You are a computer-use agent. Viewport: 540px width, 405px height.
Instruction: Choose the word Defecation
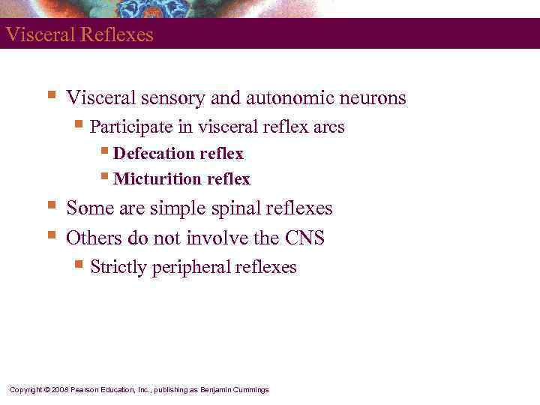(x=154, y=154)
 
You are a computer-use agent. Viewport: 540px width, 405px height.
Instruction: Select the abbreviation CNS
(x=304, y=238)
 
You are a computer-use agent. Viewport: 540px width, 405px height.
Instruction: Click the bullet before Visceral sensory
(x=51, y=95)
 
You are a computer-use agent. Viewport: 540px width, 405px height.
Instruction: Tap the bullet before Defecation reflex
(x=104, y=152)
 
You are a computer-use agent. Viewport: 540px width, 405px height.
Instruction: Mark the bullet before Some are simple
(x=51, y=205)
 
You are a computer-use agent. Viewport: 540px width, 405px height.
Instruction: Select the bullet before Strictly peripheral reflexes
(x=79, y=265)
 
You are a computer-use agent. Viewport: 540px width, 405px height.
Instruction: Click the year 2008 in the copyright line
(x=60, y=390)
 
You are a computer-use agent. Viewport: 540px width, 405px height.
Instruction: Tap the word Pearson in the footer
(x=84, y=390)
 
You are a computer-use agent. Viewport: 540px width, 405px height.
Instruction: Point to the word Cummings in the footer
(x=251, y=390)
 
